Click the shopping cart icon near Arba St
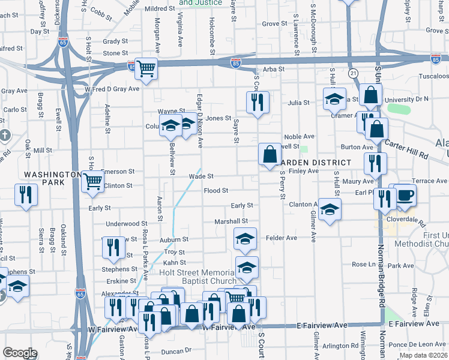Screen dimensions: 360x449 146,68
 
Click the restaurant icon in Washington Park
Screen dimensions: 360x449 26,194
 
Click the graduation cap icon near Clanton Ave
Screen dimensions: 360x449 330,209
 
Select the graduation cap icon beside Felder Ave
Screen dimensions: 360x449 245,239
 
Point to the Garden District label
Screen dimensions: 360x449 315,163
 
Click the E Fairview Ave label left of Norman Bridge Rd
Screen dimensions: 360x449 322,325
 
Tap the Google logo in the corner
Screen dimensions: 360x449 20,353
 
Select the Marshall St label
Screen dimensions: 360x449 227,221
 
